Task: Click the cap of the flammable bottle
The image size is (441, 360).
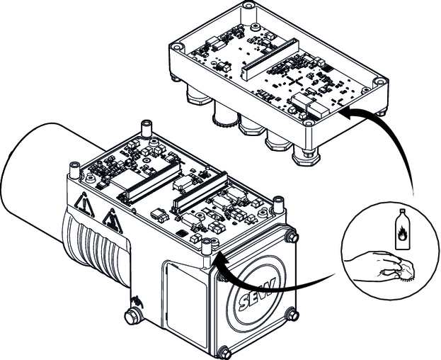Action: point(401,213)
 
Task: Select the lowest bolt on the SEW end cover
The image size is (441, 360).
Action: point(225,351)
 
